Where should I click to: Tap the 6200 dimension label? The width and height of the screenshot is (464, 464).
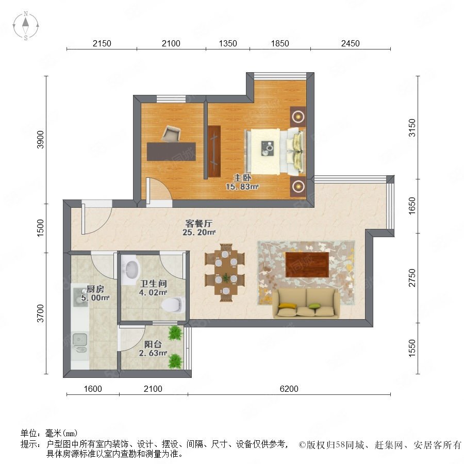click(289, 389)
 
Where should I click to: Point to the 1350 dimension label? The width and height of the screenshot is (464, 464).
click(228, 43)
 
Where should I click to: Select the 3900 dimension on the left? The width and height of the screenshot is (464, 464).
click(40, 139)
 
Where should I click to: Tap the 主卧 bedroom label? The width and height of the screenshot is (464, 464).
click(242, 177)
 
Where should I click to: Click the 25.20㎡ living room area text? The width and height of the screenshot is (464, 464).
click(199, 233)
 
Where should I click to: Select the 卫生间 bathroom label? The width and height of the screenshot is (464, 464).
click(153, 284)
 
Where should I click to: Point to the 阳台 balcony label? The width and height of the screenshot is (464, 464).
click(153, 344)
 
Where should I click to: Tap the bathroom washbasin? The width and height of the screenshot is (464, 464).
click(130, 269)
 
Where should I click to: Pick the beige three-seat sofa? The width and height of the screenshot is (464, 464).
click(306, 303)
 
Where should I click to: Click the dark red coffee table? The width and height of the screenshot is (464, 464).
click(307, 264)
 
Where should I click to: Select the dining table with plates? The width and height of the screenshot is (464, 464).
click(225, 272)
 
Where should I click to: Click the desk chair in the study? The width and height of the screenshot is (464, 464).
click(171, 134)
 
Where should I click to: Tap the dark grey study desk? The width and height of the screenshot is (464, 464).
click(171, 152)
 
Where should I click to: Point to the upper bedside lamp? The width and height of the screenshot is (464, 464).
click(298, 117)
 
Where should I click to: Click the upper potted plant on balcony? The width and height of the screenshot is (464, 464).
click(175, 333)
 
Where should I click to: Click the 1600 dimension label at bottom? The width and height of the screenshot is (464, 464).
click(93, 389)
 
